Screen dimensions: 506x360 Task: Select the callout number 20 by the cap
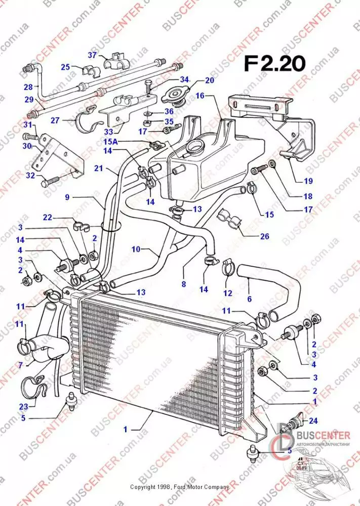click(x=209, y=80)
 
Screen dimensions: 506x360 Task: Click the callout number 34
click(x=184, y=80)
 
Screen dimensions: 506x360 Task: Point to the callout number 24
click(x=313, y=419)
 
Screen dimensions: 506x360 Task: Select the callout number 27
click(x=55, y=121)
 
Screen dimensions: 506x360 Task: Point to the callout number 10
click(x=136, y=249)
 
